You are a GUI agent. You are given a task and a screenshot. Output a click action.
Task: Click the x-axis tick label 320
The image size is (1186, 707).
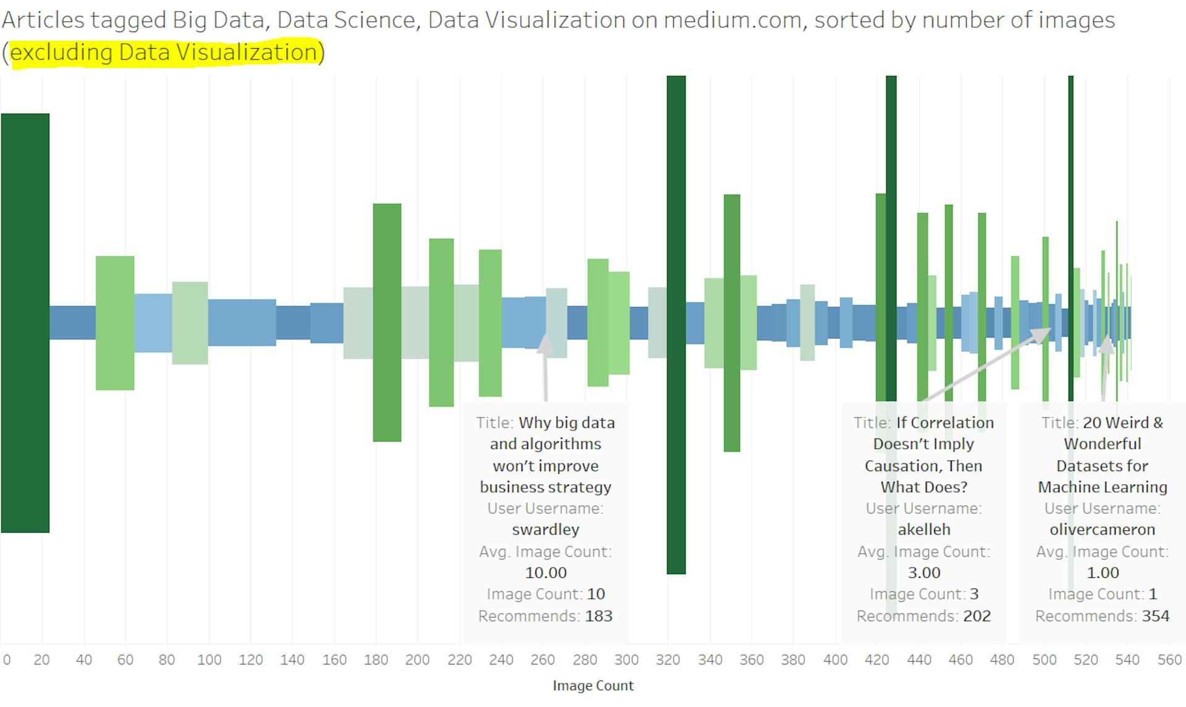click(668, 659)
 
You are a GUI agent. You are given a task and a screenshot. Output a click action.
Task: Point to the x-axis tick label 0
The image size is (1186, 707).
click(7, 659)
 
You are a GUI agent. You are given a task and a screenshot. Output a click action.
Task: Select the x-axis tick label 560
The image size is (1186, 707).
click(1169, 659)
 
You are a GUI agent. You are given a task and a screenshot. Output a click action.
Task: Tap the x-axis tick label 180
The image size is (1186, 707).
click(376, 659)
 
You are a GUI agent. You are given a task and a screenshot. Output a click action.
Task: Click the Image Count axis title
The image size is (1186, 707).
click(593, 685)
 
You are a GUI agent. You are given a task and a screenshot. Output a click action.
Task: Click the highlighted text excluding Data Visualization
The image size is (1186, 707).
click(164, 52)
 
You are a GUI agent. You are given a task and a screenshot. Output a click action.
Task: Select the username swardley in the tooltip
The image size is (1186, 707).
click(545, 529)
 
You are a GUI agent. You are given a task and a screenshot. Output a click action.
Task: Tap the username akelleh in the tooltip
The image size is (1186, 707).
click(924, 529)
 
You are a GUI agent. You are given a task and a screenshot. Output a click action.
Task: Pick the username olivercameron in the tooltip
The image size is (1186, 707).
click(1103, 529)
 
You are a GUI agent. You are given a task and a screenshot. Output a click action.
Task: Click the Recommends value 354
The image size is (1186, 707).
click(1156, 616)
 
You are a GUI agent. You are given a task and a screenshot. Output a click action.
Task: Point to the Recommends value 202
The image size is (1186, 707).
click(977, 616)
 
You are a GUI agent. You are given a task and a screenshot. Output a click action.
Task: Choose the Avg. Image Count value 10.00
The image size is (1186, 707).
click(545, 572)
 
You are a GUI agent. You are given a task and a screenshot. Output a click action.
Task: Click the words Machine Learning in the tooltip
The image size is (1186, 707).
click(1103, 487)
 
